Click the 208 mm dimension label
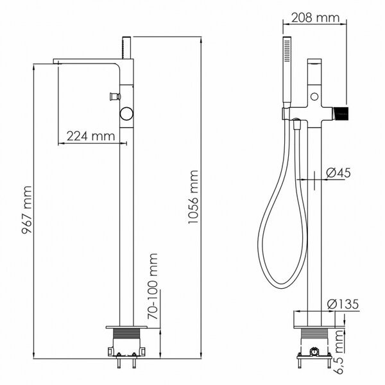(x=315, y=18)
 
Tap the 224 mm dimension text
(x=90, y=136)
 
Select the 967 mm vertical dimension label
(x=26, y=210)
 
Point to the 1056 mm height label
(x=193, y=197)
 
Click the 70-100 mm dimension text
(x=153, y=286)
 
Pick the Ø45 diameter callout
(x=338, y=173)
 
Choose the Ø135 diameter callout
(x=343, y=304)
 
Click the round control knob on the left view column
(x=126, y=114)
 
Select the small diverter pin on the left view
(x=115, y=96)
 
